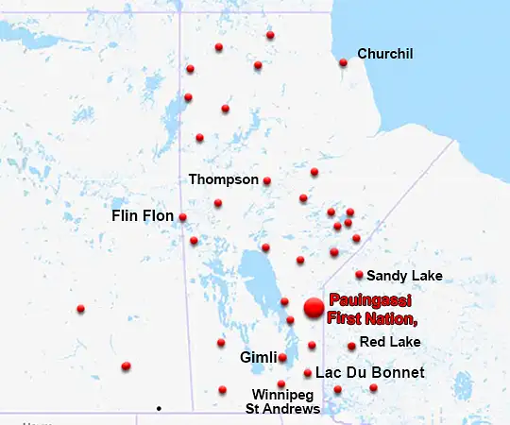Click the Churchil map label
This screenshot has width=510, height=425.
tap(384, 54)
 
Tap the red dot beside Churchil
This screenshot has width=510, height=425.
tap(343, 62)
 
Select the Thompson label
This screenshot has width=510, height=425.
tap(223, 178)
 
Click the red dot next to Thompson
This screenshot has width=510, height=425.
tap(267, 180)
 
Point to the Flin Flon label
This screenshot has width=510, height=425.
tap(143, 216)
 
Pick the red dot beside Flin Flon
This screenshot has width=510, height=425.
tap(182, 217)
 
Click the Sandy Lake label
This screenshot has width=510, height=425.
tap(404, 276)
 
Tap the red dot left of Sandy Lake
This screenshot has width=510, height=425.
tap(359, 275)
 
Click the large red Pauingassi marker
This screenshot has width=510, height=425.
tap(313, 307)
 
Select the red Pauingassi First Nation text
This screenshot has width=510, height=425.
tap(372, 310)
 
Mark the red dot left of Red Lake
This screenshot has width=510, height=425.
tap(351, 346)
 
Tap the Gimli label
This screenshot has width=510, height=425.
tap(258, 358)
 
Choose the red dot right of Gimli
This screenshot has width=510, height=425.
tap(282, 357)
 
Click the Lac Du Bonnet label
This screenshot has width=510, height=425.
tap(369, 373)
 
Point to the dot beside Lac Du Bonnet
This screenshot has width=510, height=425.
tap(308, 373)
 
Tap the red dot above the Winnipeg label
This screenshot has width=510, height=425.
tap(280, 383)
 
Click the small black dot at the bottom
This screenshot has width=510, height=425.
tap(159, 408)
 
